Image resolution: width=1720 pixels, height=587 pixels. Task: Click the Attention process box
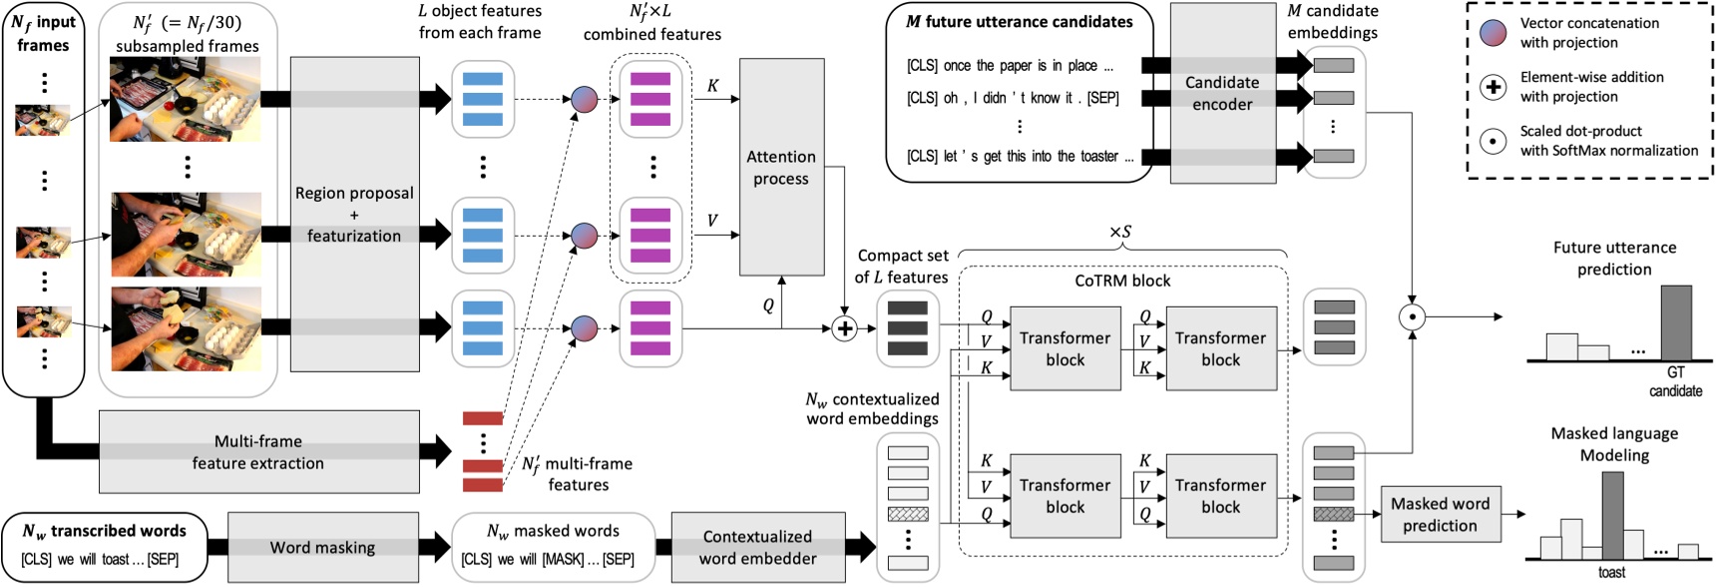pos(781,167)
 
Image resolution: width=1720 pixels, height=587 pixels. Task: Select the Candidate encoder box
pos(1222,93)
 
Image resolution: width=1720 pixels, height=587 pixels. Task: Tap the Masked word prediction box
pos(1440,514)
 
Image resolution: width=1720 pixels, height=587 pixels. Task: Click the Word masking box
pos(322,547)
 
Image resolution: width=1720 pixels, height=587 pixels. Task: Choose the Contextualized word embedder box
pos(757,547)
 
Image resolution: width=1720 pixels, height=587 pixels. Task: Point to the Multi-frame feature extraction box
pos(258,452)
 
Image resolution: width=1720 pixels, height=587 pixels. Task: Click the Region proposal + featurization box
pos(353,215)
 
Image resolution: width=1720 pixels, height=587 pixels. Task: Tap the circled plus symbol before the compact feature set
pos(844,328)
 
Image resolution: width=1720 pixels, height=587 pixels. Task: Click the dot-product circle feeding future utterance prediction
pos(1412,317)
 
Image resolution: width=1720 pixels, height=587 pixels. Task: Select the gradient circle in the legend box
pos(1493,32)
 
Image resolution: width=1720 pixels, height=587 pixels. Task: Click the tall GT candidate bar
pos(1676,322)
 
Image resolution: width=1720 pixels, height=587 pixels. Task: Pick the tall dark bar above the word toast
pos(1611,515)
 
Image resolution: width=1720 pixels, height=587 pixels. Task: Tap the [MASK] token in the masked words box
pos(562,559)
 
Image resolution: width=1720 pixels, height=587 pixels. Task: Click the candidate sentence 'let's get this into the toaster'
pos(1020,157)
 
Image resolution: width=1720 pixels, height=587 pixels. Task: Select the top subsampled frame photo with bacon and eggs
pos(186,99)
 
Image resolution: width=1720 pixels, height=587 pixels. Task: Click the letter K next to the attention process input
pos(712,86)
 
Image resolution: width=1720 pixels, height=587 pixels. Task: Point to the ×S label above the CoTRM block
pos(1120,232)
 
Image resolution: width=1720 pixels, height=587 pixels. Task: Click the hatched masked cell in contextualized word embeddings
pos(907,514)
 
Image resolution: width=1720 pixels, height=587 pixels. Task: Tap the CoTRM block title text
pos(1122,281)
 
